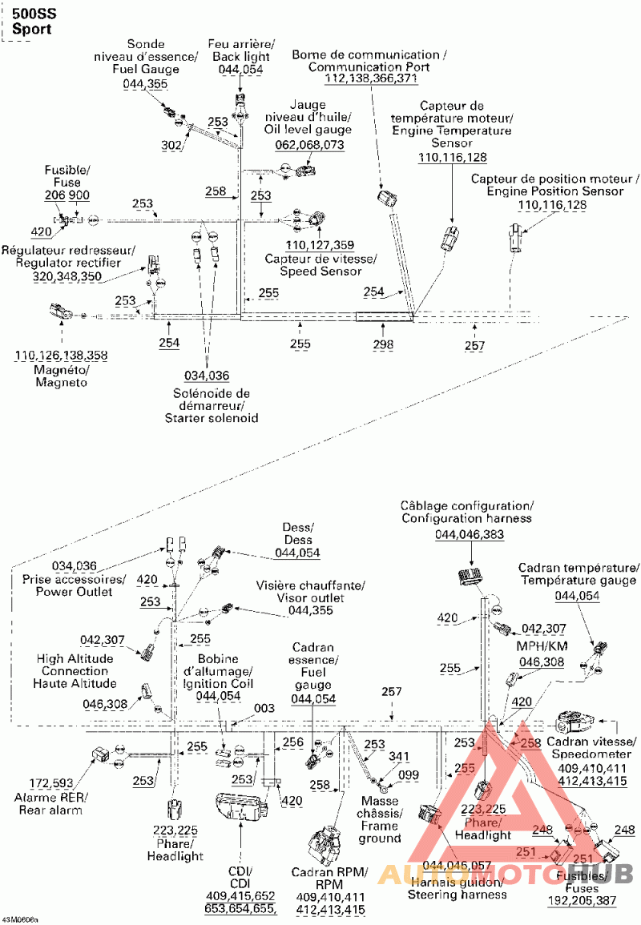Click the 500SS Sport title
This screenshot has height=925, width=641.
point(32,22)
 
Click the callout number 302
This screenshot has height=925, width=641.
point(171,146)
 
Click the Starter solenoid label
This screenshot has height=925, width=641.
point(211,406)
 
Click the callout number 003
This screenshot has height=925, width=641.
point(264,708)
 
